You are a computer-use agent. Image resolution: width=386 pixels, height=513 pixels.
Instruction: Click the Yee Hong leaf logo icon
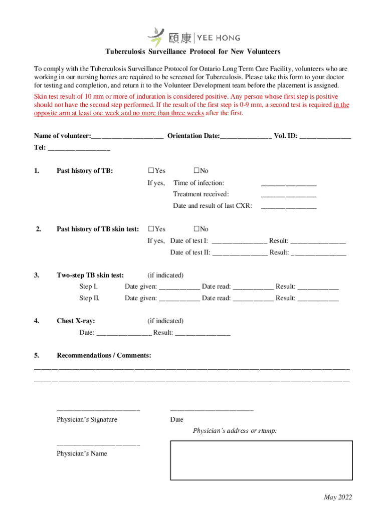155,37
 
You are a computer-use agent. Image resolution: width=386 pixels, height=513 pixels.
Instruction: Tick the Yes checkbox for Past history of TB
151,171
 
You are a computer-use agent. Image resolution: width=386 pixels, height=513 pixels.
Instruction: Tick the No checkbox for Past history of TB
196,171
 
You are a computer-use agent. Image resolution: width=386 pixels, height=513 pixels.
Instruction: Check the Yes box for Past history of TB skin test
151,229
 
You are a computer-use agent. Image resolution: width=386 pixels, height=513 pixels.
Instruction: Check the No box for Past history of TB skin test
196,229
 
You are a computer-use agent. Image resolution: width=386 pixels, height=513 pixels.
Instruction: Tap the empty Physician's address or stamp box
261,460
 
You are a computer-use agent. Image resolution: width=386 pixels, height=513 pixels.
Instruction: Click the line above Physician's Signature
98,410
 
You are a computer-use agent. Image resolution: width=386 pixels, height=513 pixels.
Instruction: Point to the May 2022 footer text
337,497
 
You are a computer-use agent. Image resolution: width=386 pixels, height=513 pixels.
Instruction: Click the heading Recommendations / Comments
104,355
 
